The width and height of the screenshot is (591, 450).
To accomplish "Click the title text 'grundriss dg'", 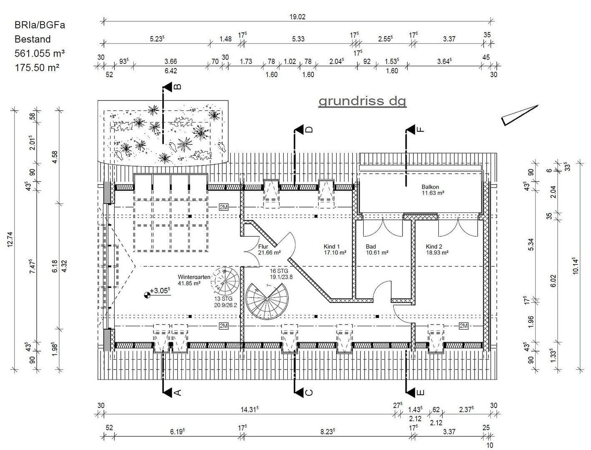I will pyautogui.click(x=362, y=101).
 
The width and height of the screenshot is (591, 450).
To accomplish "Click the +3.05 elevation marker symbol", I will pyautogui.click(x=147, y=295).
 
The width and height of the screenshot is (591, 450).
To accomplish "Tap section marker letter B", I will pyautogui.click(x=177, y=87).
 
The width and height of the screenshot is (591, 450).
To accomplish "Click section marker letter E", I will pyautogui.click(x=420, y=392).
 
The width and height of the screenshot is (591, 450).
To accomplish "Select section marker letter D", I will pyautogui.click(x=309, y=130).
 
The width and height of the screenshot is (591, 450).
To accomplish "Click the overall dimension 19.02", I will pyautogui.click(x=297, y=17).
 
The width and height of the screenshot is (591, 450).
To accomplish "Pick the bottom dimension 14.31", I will pyautogui.click(x=249, y=410).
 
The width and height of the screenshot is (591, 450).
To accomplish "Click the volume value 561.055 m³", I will pyautogui.click(x=40, y=53).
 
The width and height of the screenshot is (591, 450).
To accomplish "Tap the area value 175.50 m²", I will pyautogui.click(x=37, y=67).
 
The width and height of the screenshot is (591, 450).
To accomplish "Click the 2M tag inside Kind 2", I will pyautogui.click(x=463, y=325).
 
